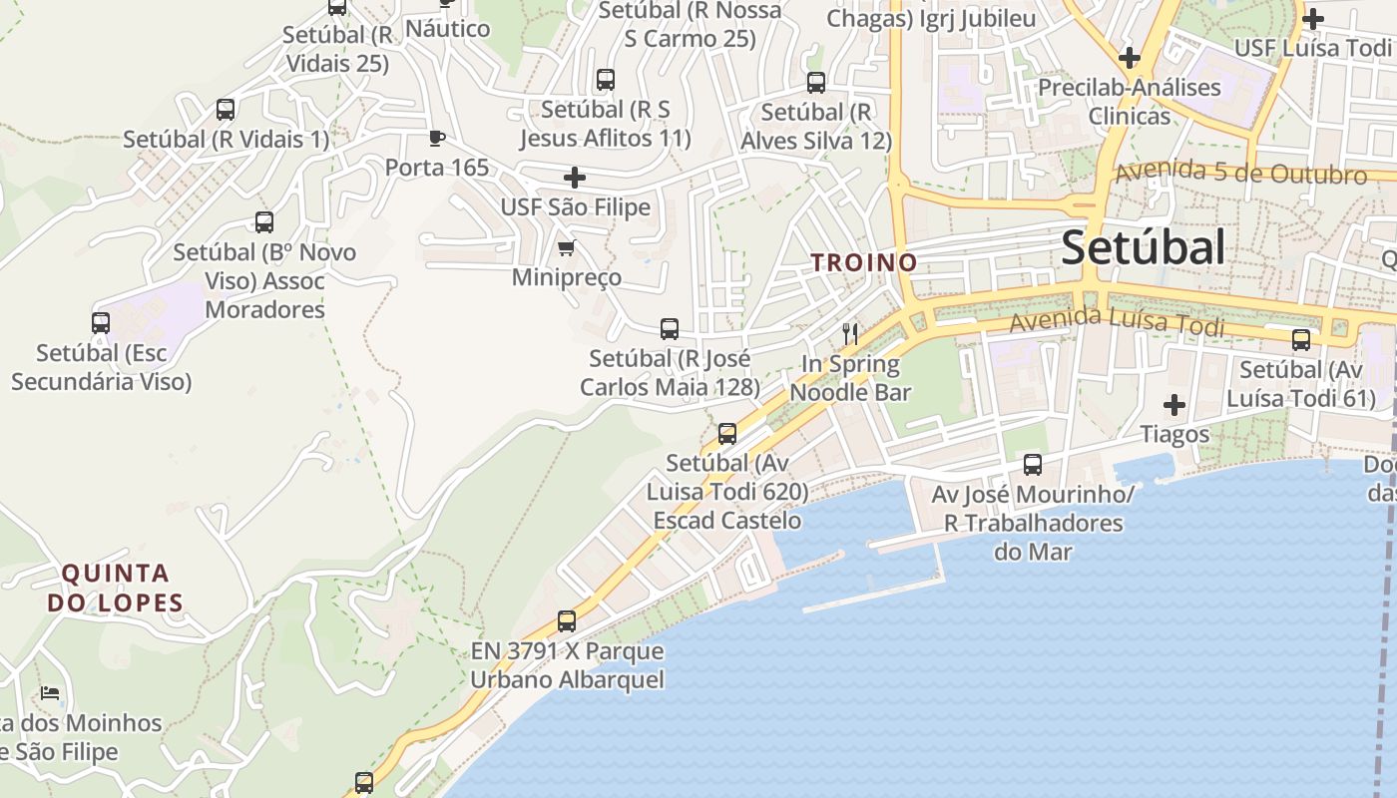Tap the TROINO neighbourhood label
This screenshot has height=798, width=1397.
[864, 262]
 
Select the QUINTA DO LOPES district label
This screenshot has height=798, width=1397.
[116, 588]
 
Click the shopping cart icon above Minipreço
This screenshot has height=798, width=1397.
[566, 247]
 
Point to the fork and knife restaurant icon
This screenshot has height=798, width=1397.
[850, 333]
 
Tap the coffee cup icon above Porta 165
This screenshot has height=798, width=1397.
[436, 137]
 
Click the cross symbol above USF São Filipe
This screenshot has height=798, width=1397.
[575, 178]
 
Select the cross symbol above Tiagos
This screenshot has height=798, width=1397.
[1174, 405]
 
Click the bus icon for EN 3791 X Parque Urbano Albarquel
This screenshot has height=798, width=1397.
[567, 621]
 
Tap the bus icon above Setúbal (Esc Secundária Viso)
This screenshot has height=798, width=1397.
[101, 323]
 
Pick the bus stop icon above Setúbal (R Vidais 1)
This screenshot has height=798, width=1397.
[226, 110]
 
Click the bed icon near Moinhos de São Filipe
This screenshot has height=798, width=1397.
[50, 692]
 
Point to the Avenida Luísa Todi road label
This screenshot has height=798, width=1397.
[1116, 321]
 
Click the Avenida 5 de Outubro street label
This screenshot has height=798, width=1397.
[1240, 173]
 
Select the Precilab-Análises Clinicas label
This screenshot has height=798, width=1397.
[1129, 102]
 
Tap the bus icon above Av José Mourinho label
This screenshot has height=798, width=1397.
[1033, 465]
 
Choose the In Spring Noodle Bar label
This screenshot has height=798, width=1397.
[850, 378]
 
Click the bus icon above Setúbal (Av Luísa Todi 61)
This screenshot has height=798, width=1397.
[1301, 340]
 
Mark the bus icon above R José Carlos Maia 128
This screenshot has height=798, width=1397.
[670, 329]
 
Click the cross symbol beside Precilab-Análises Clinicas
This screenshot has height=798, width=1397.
[1130, 58]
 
